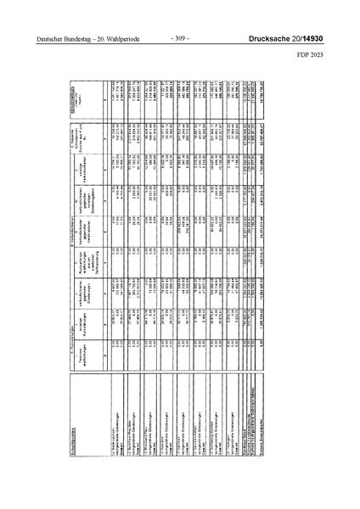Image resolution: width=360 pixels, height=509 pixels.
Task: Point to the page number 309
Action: pos(180,38)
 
